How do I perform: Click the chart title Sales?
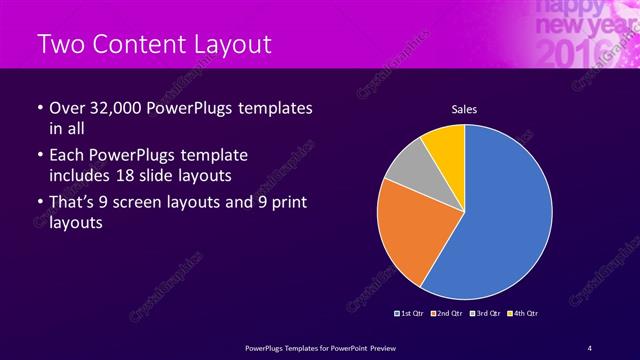click(x=464, y=109)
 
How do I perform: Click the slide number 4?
click(x=589, y=346)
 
